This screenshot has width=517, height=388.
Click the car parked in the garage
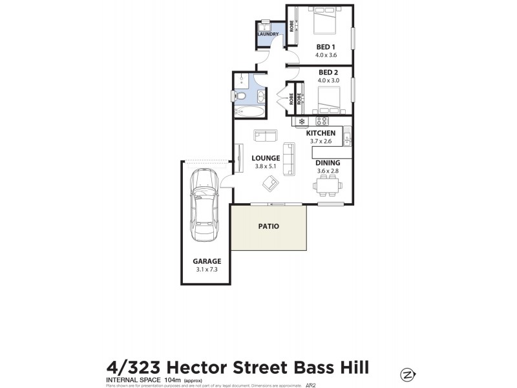tap(203, 205)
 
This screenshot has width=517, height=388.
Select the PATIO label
tap(268, 226)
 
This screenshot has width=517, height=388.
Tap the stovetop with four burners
tap(321, 121)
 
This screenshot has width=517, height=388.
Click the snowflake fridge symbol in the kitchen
tap(301, 121)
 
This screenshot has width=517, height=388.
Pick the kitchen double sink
tap(347, 138)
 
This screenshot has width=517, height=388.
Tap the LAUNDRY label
tap(268, 34)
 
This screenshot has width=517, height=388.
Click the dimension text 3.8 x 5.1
tap(266, 166)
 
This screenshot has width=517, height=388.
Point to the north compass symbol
tap(408, 374)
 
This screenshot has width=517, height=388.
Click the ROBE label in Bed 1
tap(292, 27)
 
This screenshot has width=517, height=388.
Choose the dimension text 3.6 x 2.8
tap(327, 171)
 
